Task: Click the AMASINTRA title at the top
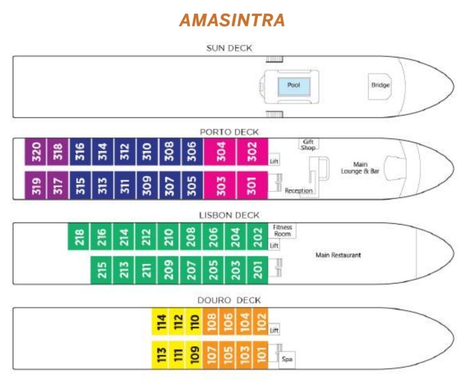232,20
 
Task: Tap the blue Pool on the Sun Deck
293,85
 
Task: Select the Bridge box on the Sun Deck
380,85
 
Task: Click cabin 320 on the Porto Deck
36,152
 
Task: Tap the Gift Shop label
308,144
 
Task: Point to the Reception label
299,191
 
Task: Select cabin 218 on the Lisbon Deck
79,237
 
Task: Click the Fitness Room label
283,230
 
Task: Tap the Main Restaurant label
338,254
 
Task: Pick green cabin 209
168,270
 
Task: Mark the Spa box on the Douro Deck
287,358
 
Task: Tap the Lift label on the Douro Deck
275,330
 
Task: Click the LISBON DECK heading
229,215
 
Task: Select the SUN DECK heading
229,48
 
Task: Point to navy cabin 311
125,185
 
